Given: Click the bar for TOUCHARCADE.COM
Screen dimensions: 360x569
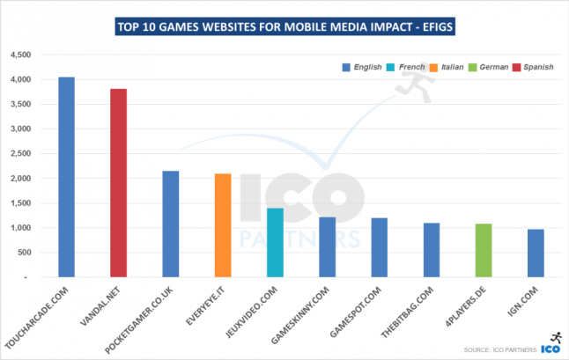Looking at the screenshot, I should (66, 177).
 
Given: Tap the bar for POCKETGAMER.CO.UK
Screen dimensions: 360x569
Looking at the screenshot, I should (170, 224).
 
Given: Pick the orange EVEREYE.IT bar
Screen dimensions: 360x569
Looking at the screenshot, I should (222, 225).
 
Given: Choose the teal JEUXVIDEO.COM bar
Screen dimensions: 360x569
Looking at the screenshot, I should (274, 242).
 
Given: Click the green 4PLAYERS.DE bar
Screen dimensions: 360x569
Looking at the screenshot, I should (484, 250).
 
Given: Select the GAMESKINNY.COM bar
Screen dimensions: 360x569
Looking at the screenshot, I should (327, 246).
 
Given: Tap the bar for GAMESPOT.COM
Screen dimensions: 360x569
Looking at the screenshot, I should (379, 247).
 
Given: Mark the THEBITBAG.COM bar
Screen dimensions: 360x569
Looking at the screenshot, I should (431, 250).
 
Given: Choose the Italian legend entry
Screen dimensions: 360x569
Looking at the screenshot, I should (448, 67).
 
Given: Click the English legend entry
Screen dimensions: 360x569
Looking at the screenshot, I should (362, 67).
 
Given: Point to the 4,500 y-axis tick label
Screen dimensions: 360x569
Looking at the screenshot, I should (20, 55).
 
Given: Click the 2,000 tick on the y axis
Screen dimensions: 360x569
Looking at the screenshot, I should (20, 178).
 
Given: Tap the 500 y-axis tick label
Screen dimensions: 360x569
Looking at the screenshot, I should (24, 253).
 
